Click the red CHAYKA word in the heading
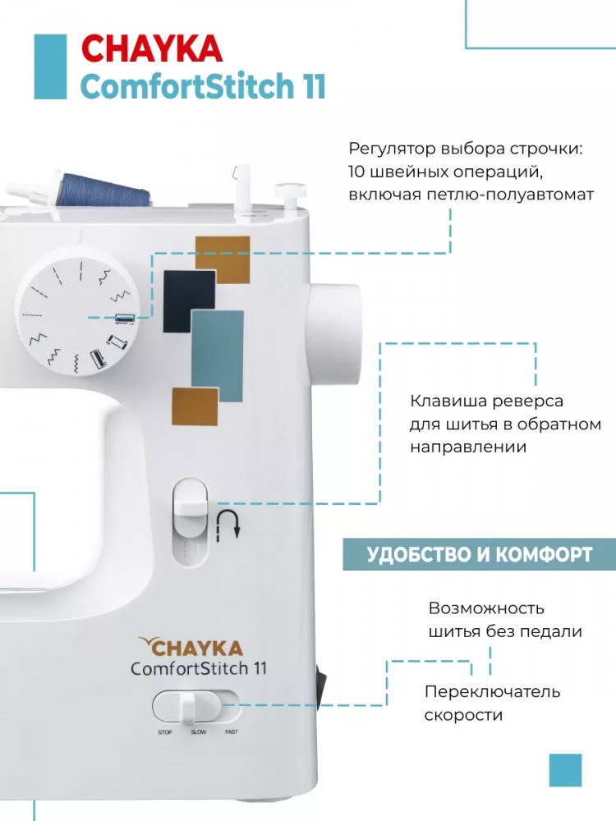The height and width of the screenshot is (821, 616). (x=153, y=48)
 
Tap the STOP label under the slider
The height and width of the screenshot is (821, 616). (x=165, y=732)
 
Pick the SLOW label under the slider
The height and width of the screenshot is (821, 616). (x=199, y=732)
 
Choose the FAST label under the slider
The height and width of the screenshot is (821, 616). (x=232, y=732)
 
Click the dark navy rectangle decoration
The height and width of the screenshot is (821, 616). (x=189, y=301)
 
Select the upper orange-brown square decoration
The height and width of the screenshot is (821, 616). (x=223, y=259)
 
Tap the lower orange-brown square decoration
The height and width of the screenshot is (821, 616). (x=195, y=406)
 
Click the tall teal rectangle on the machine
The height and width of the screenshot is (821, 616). (x=217, y=355)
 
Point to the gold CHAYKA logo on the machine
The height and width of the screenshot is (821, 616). (x=191, y=647)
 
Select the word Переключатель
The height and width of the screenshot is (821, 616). (x=492, y=691)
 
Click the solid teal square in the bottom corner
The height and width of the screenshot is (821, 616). (x=565, y=770)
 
